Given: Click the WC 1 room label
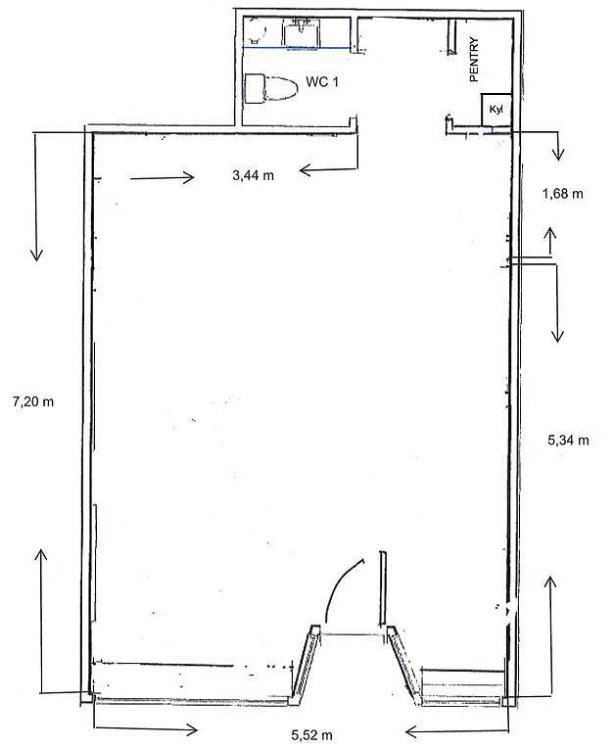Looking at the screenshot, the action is [x=322, y=82].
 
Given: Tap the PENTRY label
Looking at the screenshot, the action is [x=474, y=60].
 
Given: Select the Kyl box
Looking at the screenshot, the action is [x=496, y=110].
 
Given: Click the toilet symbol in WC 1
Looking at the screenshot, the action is [x=270, y=89].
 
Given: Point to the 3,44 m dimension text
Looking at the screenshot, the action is [x=253, y=175].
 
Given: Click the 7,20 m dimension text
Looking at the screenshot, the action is [x=33, y=401].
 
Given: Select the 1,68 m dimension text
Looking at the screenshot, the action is [x=562, y=194].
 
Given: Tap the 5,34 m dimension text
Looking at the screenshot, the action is [x=568, y=440].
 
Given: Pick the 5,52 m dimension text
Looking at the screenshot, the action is [x=311, y=735].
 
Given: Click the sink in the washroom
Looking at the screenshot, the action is [x=301, y=32].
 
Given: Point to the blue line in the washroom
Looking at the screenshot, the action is [x=297, y=48].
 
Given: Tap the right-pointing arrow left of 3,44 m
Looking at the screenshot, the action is [x=163, y=178].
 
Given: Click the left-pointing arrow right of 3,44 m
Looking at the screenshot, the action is [x=328, y=169].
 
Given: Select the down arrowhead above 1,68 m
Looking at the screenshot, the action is [x=558, y=154].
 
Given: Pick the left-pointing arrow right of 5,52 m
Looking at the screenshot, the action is [x=457, y=730].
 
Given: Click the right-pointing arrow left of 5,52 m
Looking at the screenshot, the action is [x=146, y=729].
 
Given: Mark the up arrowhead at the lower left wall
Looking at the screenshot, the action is [x=41, y=555].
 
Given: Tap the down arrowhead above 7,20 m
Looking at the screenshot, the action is [x=36, y=255].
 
